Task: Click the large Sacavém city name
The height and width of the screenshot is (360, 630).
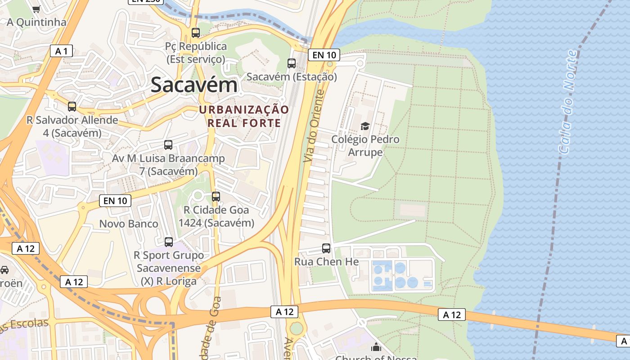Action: coord(194,85)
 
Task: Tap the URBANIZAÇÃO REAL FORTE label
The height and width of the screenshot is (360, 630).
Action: coord(244,117)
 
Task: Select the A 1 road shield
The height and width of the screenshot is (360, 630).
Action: coord(61,51)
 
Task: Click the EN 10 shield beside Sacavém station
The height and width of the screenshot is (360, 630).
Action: coord(324,55)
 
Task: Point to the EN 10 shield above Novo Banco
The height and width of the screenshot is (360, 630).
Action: coord(115,201)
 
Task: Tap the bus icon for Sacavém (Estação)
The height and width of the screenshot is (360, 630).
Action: coord(292,63)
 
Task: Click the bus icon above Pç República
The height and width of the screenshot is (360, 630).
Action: coord(195,33)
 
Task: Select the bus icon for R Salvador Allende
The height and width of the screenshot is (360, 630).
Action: coord(72,107)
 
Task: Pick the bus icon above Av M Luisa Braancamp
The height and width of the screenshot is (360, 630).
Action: coord(168,145)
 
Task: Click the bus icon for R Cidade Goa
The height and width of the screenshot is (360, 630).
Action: coord(216,197)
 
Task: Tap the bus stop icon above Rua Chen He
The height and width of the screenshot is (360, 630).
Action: coord(326,248)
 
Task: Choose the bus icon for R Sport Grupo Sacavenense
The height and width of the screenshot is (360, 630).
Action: coord(169,242)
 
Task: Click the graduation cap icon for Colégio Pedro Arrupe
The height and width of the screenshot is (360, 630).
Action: coord(365,126)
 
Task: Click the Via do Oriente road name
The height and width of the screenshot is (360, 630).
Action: coord(314,126)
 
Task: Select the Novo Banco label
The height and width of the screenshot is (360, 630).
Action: coord(129,224)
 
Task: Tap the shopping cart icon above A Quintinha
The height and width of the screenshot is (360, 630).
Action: coord(36,9)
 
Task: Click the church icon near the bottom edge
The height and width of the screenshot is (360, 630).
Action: coord(376,347)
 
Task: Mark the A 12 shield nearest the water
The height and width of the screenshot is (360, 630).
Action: coord(623,341)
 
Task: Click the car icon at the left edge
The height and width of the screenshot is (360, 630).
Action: coord(4,270)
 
